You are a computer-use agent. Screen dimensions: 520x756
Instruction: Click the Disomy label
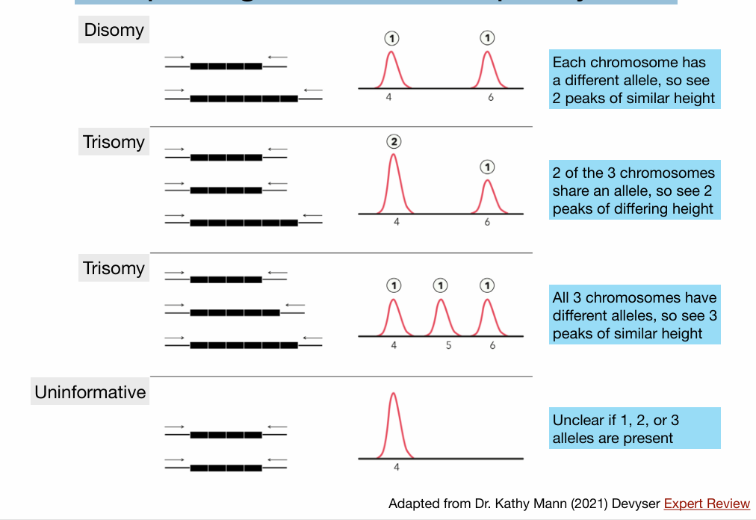pyautogui.click(x=114, y=30)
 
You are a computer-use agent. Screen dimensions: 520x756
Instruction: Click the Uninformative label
pyautogui.click(x=90, y=391)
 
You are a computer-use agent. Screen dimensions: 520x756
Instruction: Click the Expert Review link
pyautogui.click(x=707, y=504)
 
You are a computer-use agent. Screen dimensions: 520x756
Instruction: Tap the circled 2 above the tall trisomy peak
pyautogui.click(x=394, y=142)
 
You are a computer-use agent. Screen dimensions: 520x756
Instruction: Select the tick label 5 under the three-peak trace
pyautogui.click(x=448, y=345)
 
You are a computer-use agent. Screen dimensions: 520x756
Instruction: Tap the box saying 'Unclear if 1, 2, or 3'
pyautogui.click(x=634, y=429)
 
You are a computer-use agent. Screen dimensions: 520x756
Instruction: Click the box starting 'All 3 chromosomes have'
pyautogui.click(x=634, y=315)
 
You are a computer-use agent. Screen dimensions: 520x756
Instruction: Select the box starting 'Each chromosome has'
pyautogui.click(x=634, y=80)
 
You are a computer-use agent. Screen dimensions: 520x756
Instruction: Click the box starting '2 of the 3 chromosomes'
pyautogui.click(x=634, y=191)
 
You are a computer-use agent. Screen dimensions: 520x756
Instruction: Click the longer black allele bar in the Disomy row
pyautogui.click(x=244, y=98)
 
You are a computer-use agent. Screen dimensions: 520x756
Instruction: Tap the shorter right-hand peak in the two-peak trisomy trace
pyautogui.click(x=487, y=196)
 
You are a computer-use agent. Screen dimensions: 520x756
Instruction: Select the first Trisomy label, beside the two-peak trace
pyautogui.click(x=114, y=142)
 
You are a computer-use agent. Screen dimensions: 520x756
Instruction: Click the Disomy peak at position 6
pyautogui.click(x=487, y=69)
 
